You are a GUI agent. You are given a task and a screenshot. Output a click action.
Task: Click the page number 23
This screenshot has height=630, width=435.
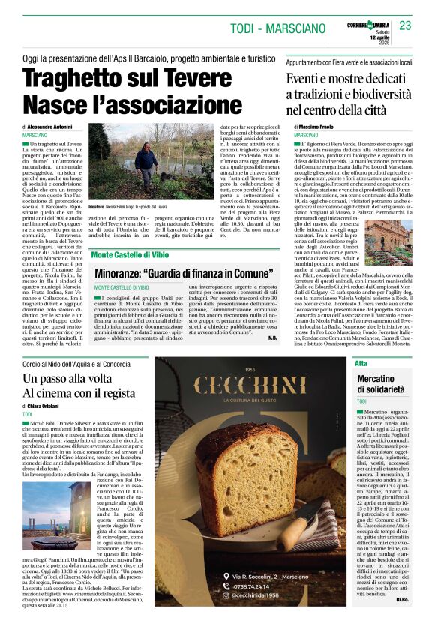tap(405, 25)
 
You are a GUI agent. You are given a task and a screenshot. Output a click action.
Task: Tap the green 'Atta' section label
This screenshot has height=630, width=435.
tap(361, 363)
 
